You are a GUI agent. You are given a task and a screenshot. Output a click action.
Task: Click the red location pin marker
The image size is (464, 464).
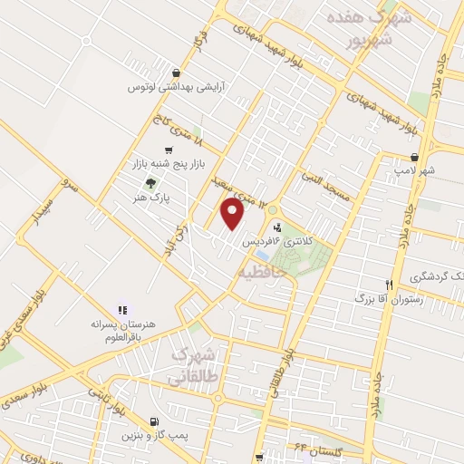[x=234, y=214]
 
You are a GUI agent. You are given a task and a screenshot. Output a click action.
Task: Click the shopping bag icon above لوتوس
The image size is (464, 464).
[x=175, y=73]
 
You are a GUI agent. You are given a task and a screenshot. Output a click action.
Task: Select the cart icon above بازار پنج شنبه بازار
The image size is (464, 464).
[x=169, y=150]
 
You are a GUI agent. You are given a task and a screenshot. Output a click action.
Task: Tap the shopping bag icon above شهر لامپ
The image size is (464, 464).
[x=414, y=157]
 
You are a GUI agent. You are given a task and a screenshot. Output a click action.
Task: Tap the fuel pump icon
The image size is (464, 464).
[x=153, y=421]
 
